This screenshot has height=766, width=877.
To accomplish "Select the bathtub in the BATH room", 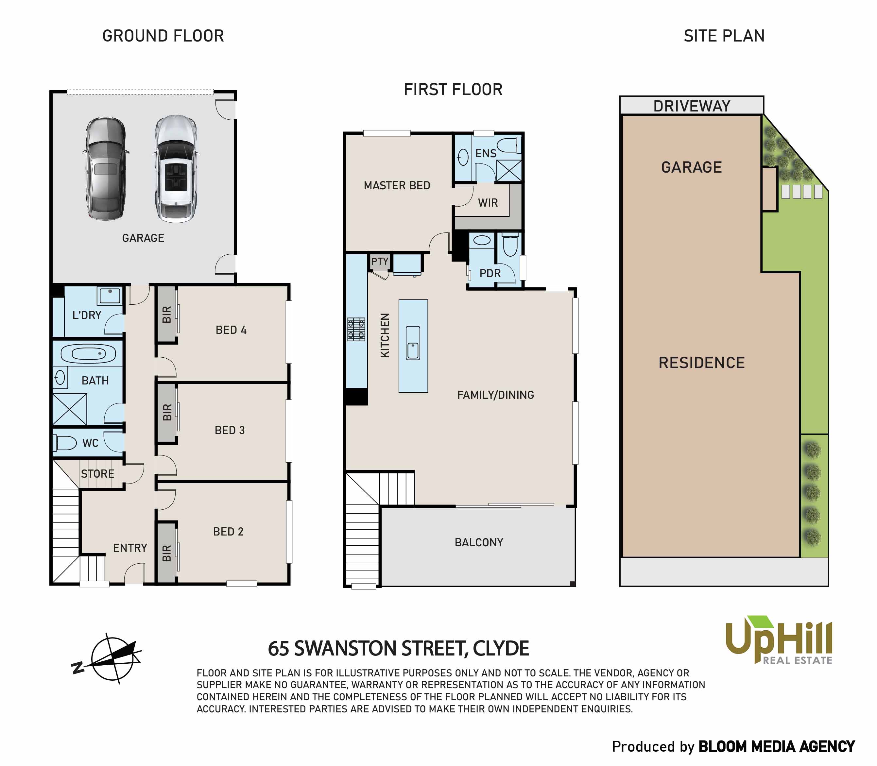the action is click(88, 353).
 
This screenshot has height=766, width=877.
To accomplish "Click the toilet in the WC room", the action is click(65, 443).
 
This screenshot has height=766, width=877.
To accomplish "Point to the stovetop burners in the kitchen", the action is click(356, 329).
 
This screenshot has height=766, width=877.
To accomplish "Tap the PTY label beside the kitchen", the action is click(380, 261).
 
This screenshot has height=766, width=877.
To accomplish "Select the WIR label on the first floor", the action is click(488, 203).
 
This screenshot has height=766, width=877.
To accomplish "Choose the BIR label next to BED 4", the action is click(167, 314).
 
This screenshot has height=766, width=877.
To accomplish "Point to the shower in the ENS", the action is click(509, 171).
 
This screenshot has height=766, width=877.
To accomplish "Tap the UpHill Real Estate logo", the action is click(779, 640).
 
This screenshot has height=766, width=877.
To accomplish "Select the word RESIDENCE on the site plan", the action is click(702, 363).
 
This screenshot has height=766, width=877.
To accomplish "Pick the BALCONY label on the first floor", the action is click(479, 542).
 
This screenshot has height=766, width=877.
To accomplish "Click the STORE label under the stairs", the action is click(97, 474).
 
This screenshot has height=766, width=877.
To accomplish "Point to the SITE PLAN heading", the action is click(724, 36).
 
